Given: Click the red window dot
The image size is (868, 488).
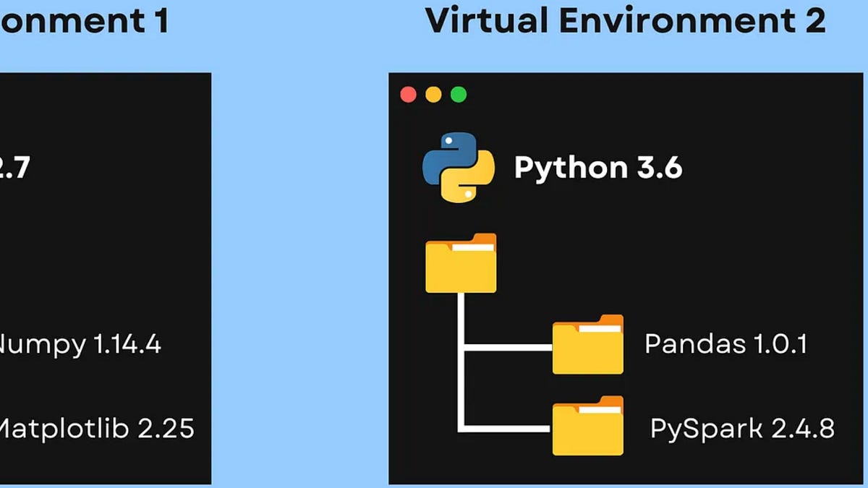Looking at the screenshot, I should (408, 95).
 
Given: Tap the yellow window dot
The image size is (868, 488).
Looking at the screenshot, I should (433, 95).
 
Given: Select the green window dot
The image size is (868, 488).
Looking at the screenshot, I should (459, 95).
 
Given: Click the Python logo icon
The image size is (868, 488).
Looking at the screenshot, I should (459, 167).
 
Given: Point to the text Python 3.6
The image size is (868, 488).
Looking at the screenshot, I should (597, 168).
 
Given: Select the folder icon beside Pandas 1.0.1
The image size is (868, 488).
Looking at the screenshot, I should (587, 345).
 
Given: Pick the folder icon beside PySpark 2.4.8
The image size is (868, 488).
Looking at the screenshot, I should (587, 427).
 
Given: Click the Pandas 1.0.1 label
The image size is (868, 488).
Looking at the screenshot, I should (725, 344).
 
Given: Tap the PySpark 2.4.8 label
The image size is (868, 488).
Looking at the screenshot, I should (742, 428).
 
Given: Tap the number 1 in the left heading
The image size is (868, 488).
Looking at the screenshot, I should (159, 20).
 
